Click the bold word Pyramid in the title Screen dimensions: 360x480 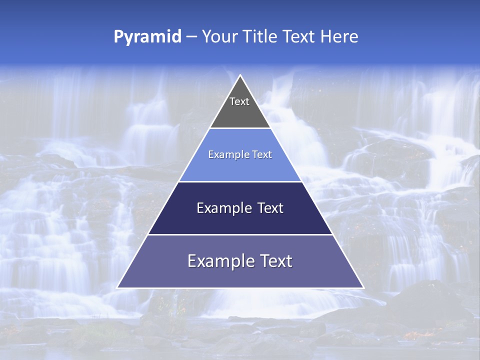(147, 37)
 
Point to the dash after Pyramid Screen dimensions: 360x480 (191, 37)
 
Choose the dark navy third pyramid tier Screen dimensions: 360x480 (240, 220)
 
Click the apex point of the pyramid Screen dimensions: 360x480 (240, 76)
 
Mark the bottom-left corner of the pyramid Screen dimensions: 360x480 (117, 287)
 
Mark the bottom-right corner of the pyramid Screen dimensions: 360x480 (363, 287)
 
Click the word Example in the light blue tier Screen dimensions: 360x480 (226, 154)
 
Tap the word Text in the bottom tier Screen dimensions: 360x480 (275, 261)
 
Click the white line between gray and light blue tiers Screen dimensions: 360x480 (240, 128)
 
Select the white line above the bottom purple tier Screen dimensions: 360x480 (240, 234)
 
